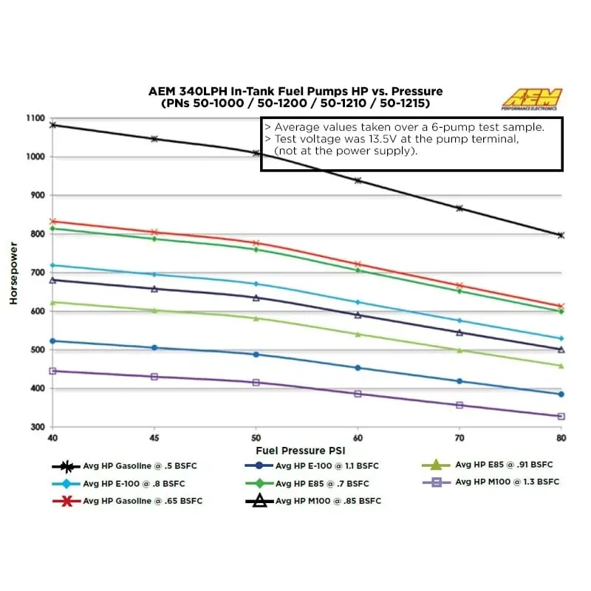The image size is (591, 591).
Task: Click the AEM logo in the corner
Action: coord(532,99)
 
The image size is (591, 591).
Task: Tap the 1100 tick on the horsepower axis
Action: coord(35,118)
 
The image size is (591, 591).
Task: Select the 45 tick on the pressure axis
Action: coord(154,437)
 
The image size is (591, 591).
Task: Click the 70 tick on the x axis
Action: coord(460,437)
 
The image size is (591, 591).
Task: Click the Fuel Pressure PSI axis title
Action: coord(301,449)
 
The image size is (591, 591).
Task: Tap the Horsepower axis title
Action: coord(13,272)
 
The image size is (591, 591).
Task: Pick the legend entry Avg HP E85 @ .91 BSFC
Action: coord(504,465)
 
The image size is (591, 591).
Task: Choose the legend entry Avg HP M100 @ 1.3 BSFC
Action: coord(507,482)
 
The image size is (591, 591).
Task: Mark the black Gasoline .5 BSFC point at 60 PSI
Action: coord(358,180)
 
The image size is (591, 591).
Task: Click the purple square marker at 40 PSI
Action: coord(52,371)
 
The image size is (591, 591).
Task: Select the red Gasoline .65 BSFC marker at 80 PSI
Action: coord(561,307)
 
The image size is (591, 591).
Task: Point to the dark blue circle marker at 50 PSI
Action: coord(256,355)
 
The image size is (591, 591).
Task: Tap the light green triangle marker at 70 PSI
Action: coord(460,350)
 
